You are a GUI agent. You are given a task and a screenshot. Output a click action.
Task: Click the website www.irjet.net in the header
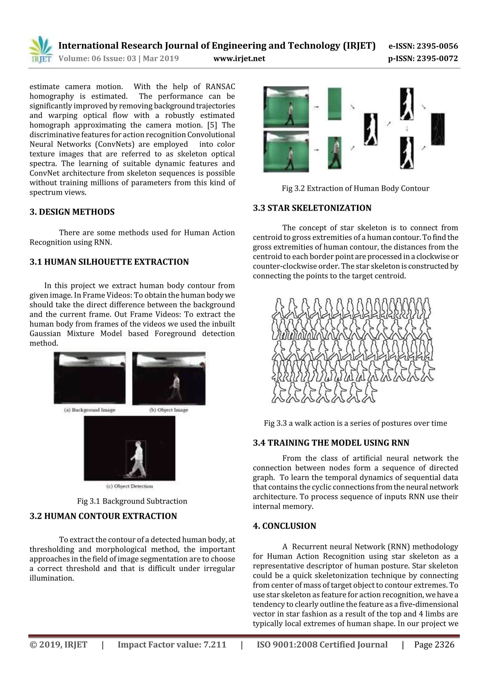pos(239,59)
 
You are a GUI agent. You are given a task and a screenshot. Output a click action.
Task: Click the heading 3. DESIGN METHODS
pos(72,212)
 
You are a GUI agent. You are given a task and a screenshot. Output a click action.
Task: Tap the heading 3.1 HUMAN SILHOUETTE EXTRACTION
pos(109,262)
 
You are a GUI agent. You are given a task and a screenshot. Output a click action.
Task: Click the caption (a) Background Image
pos(90,410)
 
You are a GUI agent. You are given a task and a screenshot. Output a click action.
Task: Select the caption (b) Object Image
pos(169,410)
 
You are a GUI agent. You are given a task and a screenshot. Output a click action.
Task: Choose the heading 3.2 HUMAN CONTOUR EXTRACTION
pos(103,516)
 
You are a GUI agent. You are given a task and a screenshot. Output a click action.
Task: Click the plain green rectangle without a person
pos(334,104)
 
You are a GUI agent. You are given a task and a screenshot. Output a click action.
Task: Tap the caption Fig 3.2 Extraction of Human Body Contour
pos(356,188)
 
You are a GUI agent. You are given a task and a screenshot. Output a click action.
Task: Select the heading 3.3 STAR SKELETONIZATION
pos(312,208)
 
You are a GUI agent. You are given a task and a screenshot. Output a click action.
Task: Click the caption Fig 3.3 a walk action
pos(356,423)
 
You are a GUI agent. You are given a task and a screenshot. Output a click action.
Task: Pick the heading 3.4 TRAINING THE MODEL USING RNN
pos(331,443)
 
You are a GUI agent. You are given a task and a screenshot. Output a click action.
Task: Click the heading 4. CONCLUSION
pos(285,526)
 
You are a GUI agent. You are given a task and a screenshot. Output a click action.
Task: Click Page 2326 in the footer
pos(434,645)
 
